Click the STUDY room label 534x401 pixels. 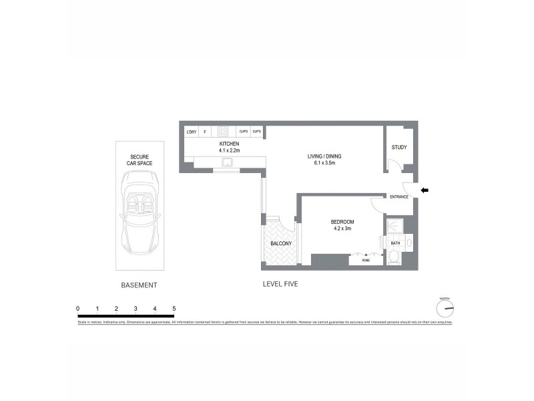399,148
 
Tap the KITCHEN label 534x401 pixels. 229,144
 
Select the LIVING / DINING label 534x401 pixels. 323,156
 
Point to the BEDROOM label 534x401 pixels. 342,222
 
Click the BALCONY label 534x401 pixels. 280,245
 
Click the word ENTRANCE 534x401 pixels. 399,196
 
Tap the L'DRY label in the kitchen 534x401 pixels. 191,132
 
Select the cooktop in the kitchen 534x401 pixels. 224,132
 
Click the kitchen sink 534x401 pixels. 228,162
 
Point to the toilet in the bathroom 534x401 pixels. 393,256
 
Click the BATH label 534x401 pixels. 395,243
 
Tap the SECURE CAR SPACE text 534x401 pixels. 140,159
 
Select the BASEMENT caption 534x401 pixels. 139,285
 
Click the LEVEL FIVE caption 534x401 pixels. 280,284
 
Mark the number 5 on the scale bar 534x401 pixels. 174,308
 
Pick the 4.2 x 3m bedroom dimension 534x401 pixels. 342,229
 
